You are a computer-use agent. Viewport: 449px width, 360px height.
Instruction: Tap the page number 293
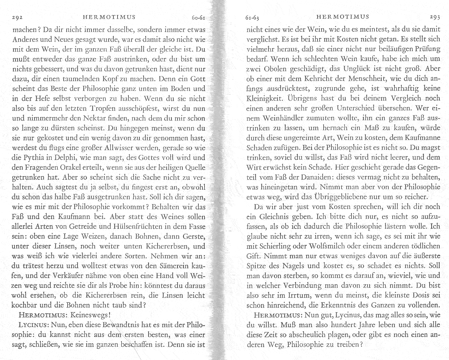tap(435, 17)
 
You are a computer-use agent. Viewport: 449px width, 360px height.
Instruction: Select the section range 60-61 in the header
tap(199, 18)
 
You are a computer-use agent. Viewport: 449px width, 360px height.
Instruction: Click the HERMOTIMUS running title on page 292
tap(109, 17)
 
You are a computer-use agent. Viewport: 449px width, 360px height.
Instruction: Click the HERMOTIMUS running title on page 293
tap(343, 17)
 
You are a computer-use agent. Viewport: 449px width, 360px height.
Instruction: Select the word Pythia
tap(33, 158)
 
